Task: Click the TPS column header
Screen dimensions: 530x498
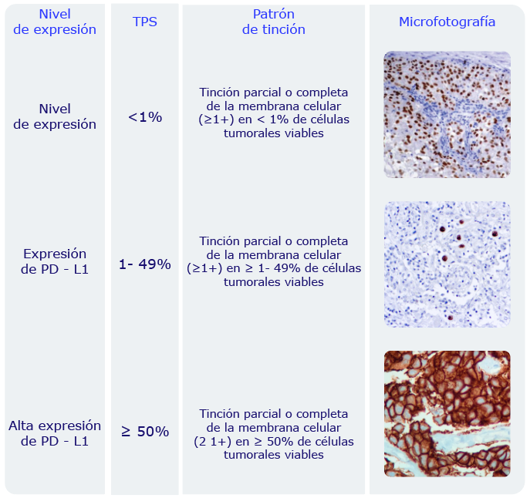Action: tap(145, 22)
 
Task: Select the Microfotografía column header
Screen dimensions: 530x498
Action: tap(447, 22)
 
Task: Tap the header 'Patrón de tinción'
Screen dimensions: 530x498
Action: tap(273, 22)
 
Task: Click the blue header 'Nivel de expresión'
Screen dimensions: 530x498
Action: tap(55, 22)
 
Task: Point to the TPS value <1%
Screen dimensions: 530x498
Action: tap(145, 117)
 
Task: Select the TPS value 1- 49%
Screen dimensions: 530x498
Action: tap(145, 264)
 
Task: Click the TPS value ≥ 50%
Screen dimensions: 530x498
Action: tap(145, 432)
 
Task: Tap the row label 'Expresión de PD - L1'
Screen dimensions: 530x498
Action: tap(55, 261)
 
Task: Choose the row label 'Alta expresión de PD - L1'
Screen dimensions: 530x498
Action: tap(55, 433)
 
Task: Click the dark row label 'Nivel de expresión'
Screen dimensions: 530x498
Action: tap(55, 116)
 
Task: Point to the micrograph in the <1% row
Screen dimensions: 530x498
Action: tap(447, 115)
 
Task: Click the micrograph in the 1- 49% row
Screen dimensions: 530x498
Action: tap(447, 264)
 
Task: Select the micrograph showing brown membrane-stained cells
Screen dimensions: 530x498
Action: tap(447, 413)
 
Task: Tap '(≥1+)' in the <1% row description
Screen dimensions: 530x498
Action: tap(216, 119)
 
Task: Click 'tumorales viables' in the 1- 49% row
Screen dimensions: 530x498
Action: tap(273, 282)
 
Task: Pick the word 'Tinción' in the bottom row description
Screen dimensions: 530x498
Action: tap(220, 414)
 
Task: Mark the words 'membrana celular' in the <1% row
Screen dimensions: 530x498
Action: tap(289, 106)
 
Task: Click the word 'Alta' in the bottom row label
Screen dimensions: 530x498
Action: tap(22, 426)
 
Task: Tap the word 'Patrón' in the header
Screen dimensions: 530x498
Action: tap(273, 14)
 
